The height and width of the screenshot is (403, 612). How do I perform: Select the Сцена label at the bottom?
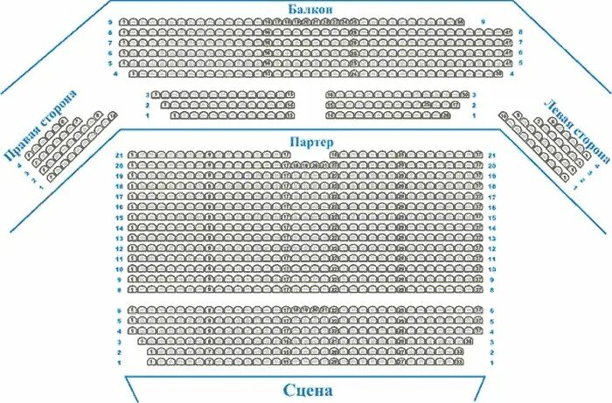point(309,389)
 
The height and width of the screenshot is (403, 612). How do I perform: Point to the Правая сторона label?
point(38,124)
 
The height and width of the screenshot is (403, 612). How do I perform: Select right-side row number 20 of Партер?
point(492,165)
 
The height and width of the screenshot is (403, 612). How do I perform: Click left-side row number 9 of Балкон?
point(110,21)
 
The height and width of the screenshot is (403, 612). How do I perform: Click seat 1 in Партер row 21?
point(132,155)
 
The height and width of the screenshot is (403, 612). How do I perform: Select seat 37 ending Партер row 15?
point(478,217)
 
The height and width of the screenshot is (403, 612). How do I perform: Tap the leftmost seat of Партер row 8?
point(132,289)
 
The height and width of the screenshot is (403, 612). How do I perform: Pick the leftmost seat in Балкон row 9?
point(124,21)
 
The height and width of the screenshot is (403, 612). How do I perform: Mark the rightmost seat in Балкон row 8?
point(508,32)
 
